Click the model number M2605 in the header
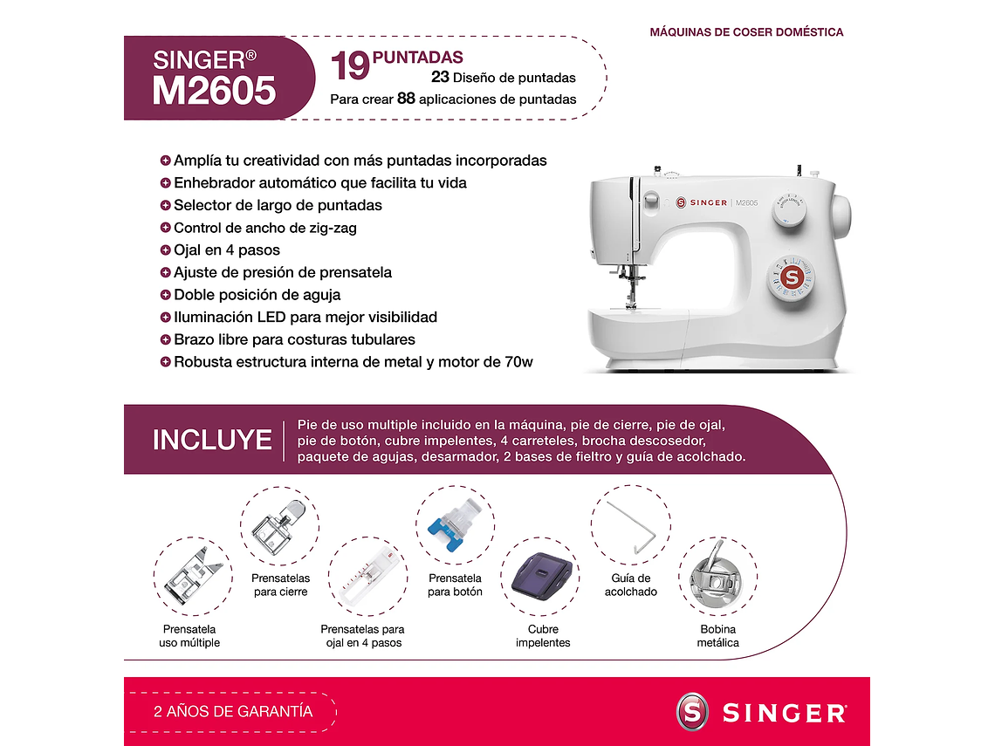coord(214,91)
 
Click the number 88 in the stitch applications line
coord(406,99)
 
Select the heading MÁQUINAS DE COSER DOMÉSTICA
coord(746,32)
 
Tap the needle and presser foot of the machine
coord(628,288)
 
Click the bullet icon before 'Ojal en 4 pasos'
coord(166,250)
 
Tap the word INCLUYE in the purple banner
coord(212,440)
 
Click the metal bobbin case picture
coord(717,577)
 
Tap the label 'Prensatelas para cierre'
coord(279,585)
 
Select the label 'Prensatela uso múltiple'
coord(189,636)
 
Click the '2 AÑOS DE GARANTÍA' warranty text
coord(233,712)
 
